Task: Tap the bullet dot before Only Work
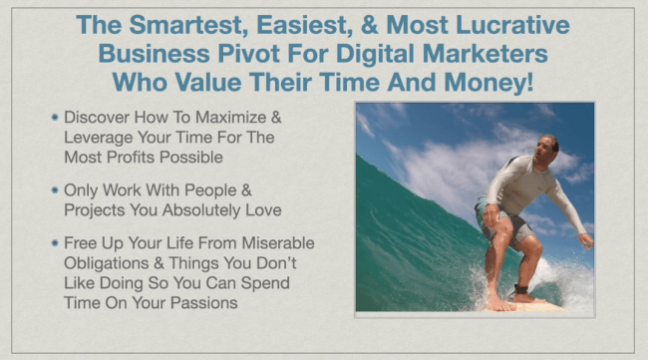pos(54,189)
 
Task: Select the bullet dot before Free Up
pos(54,242)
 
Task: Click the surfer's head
pos(547,146)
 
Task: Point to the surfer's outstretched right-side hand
pos(586,240)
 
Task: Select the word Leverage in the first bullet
pos(97,138)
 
